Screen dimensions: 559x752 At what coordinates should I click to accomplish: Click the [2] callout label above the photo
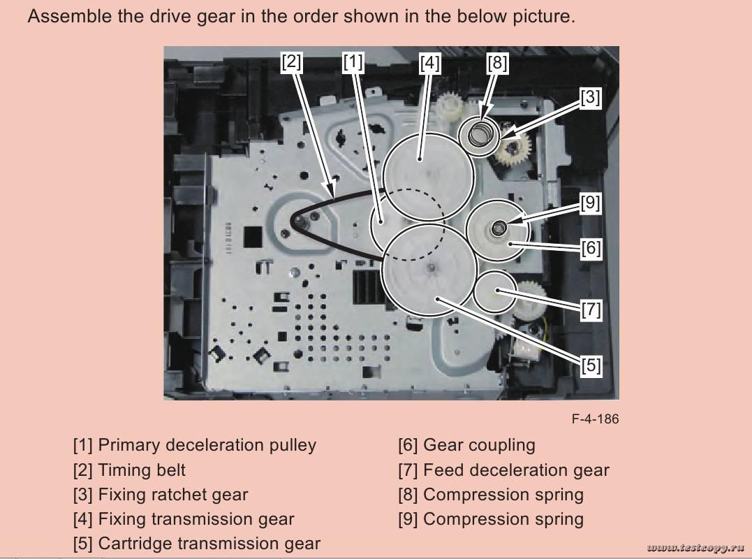(291, 62)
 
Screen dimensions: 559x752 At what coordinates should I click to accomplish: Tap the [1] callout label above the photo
(353, 62)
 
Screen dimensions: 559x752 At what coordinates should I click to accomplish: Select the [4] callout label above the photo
(430, 64)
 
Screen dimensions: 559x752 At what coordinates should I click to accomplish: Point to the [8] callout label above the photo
(497, 64)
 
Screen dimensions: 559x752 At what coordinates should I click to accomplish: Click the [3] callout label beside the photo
(591, 98)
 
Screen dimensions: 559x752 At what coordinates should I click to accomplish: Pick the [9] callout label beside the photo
(591, 203)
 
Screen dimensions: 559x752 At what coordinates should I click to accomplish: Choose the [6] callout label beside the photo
(591, 248)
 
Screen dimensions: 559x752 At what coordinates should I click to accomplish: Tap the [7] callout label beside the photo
(591, 308)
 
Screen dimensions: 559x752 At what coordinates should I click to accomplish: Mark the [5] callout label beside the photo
(591, 365)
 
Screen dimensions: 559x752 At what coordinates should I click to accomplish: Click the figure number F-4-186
(595, 419)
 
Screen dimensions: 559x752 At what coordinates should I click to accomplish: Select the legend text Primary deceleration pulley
(207, 445)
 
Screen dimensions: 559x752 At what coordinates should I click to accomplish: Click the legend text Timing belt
(142, 470)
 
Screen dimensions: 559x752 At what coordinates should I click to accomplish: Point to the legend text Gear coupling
(479, 445)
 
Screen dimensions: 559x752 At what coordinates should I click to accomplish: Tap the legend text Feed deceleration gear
(516, 470)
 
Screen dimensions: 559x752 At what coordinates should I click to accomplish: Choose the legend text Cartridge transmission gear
(209, 544)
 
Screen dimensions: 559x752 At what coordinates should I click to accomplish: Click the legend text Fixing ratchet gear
(173, 495)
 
